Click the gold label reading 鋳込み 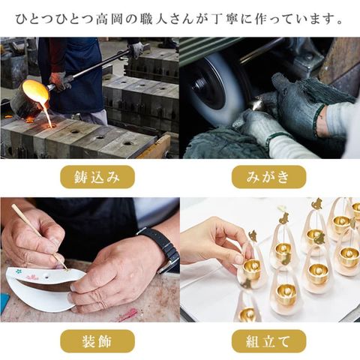pyautogui.click(x=97, y=177)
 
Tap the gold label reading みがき pyautogui.click(x=268, y=177)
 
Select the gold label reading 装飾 pyautogui.click(x=97, y=341)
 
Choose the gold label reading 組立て pyautogui.click(x=268, y=341)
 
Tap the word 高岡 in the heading pyautogui.click(x=109, y=19)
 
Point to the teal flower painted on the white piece pyautogui.click(x=18, y=271)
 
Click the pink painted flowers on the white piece pyautogui.click(x=32, y=277)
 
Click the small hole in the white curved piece pyautogui.click(x=46, y=274)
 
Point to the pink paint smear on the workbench pyautogui.click(x=129, y=314)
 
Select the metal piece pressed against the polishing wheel pyautogui.click(x=256, y=106)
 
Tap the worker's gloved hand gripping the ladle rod pyautogui.click(x=58, y=80)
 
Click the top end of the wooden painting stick pyautogui.click(x=13, y=205)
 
